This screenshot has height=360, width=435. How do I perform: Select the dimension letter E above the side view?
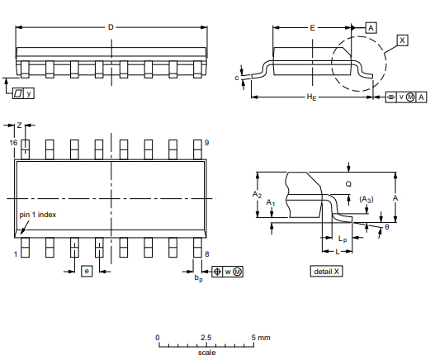tap(313, 27)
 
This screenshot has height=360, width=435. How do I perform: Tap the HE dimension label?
tap(310, 97)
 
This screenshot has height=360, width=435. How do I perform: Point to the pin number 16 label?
tap(13, 143)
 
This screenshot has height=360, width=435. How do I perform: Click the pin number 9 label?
tap(206, 143)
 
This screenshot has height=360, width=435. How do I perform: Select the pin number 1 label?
tap(15, 254)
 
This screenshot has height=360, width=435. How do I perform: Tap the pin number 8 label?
tap(206, 254)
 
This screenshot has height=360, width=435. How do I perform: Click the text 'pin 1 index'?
tap(38, 215)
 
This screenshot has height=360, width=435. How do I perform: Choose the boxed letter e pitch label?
tap(86, 271)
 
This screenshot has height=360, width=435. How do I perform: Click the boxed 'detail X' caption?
tap(326, 271)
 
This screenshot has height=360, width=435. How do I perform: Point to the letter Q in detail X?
tap(348, 183)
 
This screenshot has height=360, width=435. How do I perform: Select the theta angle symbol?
tap(386, 226)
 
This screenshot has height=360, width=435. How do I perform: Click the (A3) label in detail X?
tap(366, 199)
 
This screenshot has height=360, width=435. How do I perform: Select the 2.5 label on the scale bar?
tap(206, 338)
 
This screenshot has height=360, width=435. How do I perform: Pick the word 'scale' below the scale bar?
tap(206, 353)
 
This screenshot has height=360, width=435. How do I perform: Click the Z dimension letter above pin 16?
tap(19, 125)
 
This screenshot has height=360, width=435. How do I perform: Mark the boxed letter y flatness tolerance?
tap(30, 93)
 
